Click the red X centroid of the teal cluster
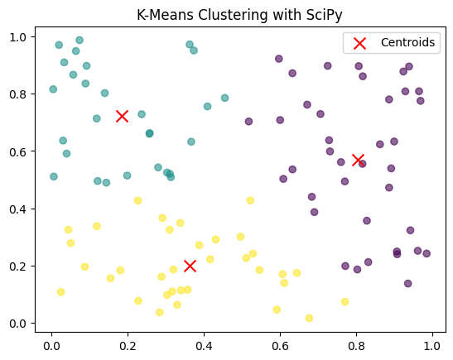pos(122,116)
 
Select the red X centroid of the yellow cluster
pos(190,266)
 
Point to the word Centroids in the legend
pos(407,42)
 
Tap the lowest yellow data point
pos(309,318)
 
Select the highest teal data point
pos(80,40)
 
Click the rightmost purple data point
pos(426,253)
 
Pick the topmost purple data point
pos(279,59)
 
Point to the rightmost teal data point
pos(224,98)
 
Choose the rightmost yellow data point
pos(345,301)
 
